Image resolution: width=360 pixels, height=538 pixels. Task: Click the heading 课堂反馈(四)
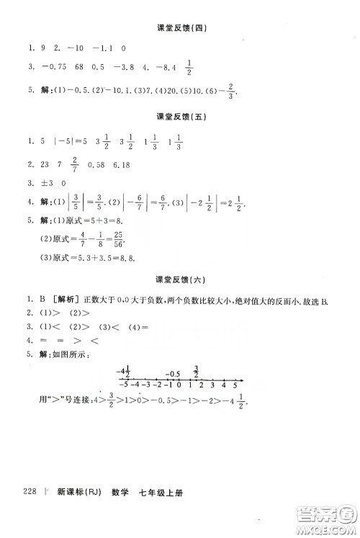[x=181, y=28]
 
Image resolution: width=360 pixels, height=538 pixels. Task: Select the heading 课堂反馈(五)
[x=181, y=115]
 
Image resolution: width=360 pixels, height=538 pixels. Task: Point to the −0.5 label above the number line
[x=172, y=374]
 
